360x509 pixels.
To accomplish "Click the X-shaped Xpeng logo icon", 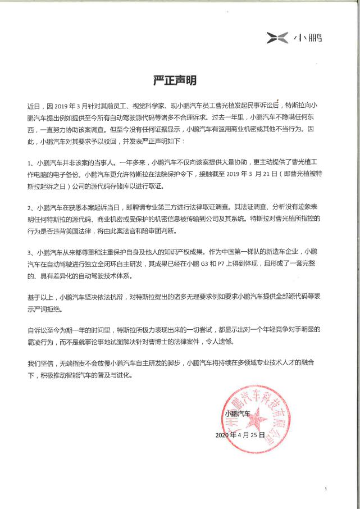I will (x=279, y=38).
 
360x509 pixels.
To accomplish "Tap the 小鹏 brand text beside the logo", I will (x=308, y=38).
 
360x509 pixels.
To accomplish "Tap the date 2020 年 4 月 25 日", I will (x=240, y=435).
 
